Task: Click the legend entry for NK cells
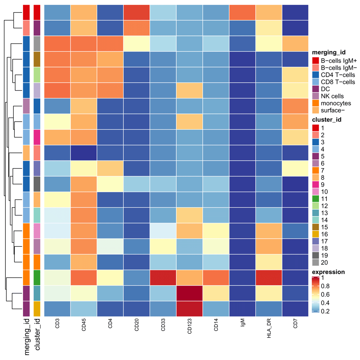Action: tap(332, 96)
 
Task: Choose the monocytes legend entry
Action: tap(333, 103)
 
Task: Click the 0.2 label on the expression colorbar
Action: tap(326, 311)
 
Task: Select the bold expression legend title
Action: tap(329, 272)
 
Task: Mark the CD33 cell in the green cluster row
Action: tap(163, 278)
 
